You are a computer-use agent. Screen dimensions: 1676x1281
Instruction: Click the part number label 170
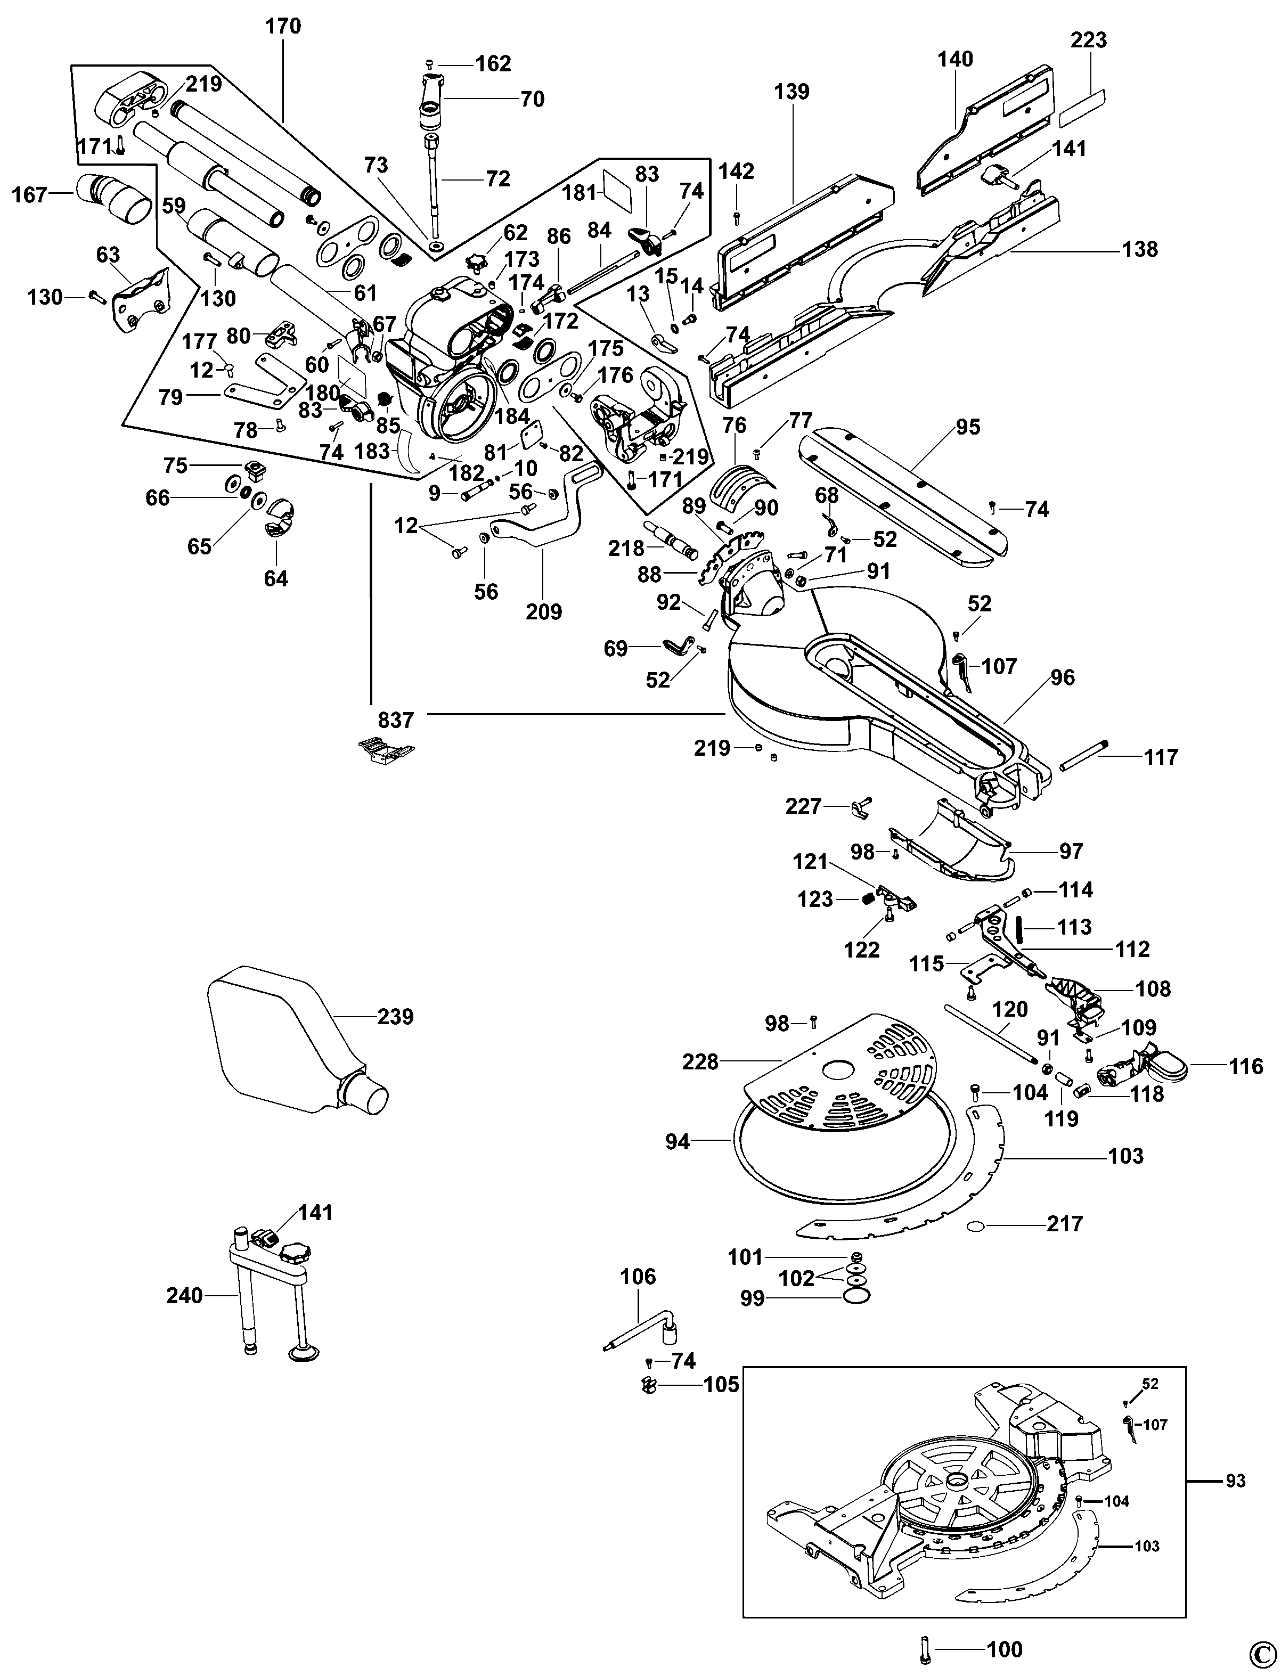tap(283, 27)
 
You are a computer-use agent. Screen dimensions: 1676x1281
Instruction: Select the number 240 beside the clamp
tap(184, 1296)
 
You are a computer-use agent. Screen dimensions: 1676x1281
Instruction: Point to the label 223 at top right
tap(1088, 39)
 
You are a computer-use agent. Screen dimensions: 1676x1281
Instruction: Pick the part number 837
tap(396, 720)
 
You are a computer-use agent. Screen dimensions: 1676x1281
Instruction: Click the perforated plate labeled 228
tap(839, 1075)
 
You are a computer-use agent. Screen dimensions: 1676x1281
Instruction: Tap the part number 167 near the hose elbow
tap(30, 195)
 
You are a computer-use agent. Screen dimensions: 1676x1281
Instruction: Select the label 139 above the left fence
tap(792, 92)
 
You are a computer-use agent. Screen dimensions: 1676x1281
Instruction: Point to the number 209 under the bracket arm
tap(544, 611)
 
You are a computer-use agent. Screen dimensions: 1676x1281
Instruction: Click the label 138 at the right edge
tap(1140, 249)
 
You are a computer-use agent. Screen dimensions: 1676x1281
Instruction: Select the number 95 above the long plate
tap(968, 427)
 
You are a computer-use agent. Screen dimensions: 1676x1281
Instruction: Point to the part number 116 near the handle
tap(1246, 1066)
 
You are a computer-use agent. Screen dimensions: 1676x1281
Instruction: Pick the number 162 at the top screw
tap(493, 63)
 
